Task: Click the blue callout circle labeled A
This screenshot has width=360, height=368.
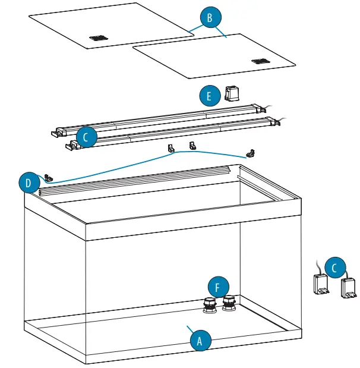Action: [x=200, y=341]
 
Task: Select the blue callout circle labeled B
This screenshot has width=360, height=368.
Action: [x=209, y=18]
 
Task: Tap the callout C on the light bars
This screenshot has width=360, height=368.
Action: [x=86, y=137]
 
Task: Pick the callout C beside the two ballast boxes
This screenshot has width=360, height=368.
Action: [x=335, y=269]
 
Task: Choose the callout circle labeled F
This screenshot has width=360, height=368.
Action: [x=218, y=288]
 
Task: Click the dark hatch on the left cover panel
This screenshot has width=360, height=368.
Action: [x=99, y=38]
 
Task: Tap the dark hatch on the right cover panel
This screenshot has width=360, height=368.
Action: [x=260, y=61]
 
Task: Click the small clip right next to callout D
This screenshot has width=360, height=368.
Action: [x=48, y=177]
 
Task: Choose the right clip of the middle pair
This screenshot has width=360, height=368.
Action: [x=192, y=145]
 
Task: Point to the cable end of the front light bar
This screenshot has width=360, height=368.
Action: [x=279, y=122]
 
